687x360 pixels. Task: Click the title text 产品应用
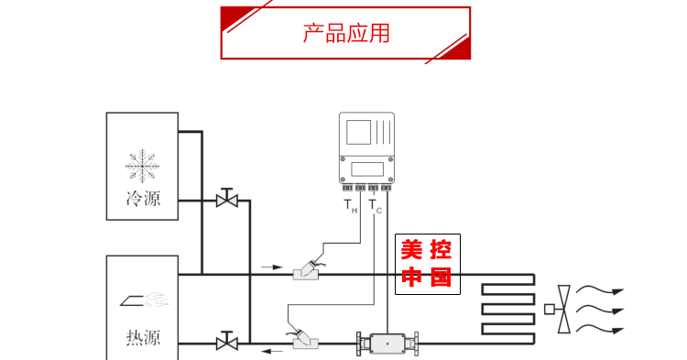345,34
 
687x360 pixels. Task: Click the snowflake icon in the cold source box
142,166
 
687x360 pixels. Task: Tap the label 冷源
142,198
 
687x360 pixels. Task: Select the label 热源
142,337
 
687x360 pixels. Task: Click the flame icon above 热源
143,300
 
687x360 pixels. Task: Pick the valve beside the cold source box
226,199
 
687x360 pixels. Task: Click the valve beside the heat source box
226,343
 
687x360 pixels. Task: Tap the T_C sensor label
376,207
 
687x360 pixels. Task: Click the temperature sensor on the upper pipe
306,271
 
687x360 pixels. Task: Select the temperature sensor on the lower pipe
304,341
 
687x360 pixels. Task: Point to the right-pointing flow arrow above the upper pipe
272,267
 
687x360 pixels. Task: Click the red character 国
441,277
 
